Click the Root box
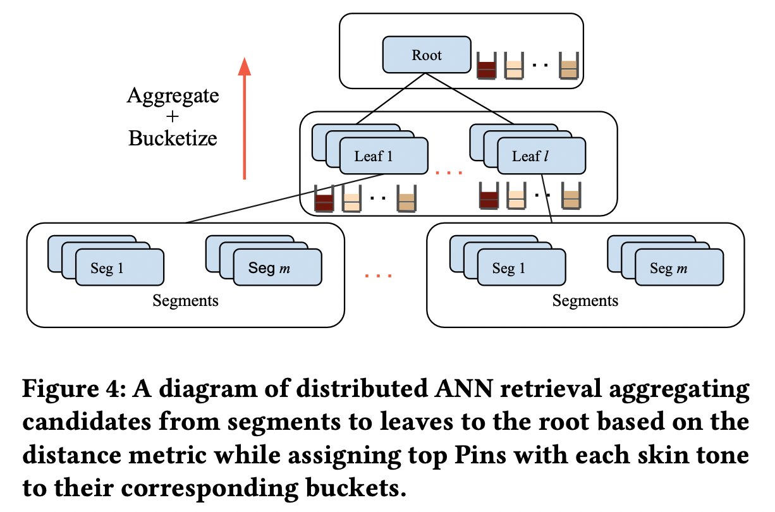427,54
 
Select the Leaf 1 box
383,156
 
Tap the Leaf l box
541,156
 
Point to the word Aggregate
173,96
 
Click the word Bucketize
173,138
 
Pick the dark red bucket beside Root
486,66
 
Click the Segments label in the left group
185,300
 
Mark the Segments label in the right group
585,300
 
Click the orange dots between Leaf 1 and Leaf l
449,173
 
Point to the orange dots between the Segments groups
379,276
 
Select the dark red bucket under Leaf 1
324,200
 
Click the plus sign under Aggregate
172,117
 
